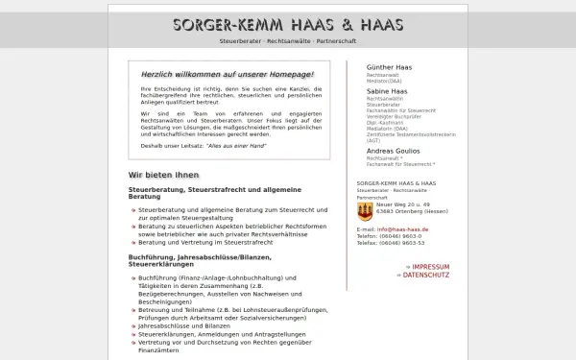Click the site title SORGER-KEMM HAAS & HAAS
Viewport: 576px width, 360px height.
pos(288,25)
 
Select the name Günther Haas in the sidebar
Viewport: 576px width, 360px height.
pos(388,67)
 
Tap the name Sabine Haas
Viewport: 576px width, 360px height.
pos(385,91)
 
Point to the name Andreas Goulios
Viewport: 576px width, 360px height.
pos(393,151)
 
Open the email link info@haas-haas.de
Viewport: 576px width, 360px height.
pos(402,229)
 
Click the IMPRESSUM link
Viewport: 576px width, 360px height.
pos(427,266)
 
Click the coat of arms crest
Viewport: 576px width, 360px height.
pos(365,210)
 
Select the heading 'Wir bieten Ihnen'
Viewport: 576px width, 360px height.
pos(163,175)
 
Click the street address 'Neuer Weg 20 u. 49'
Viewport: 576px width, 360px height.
pos(403,204)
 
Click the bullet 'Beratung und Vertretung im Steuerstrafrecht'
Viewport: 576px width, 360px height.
pos(205,242)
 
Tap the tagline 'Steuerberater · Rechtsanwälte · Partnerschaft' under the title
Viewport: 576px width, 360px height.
pos(288,42)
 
